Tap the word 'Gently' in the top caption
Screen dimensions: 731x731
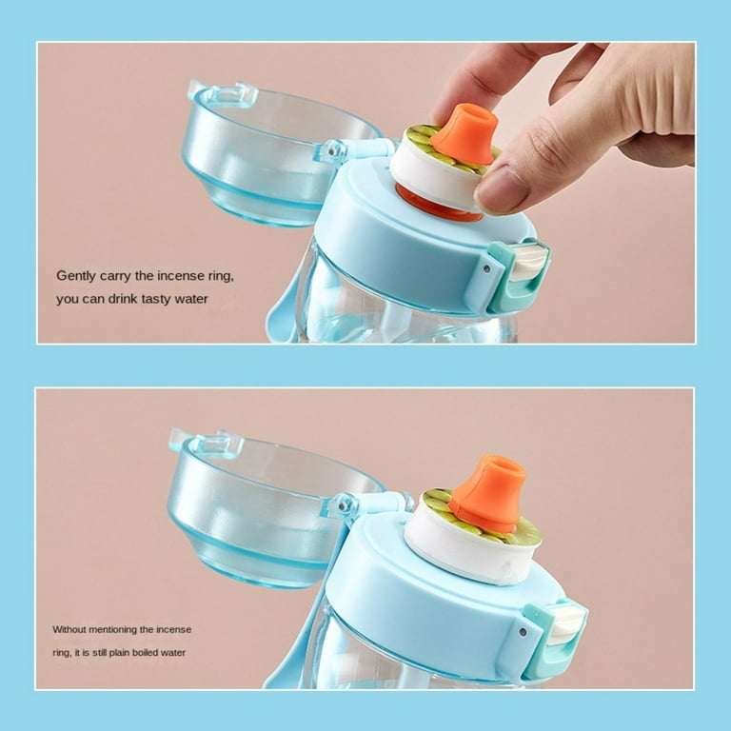[x=77, y=276]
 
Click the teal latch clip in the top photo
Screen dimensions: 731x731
[x=517, y=276]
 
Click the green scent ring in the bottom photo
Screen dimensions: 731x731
[x=440, y=504]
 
